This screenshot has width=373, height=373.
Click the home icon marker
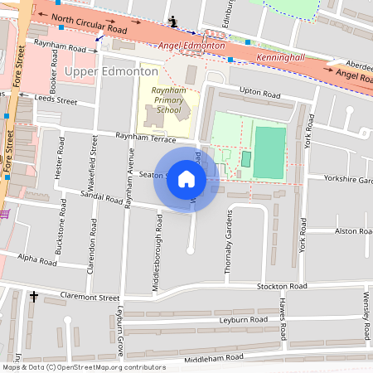tap(186, 178)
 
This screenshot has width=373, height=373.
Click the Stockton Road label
tap(282, 286)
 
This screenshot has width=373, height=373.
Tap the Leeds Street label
tap(56, 101)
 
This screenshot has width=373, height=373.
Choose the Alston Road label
tap(351, 231)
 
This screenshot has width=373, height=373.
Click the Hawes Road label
tap(283, 323)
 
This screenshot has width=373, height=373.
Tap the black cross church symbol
tap(35, 296)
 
